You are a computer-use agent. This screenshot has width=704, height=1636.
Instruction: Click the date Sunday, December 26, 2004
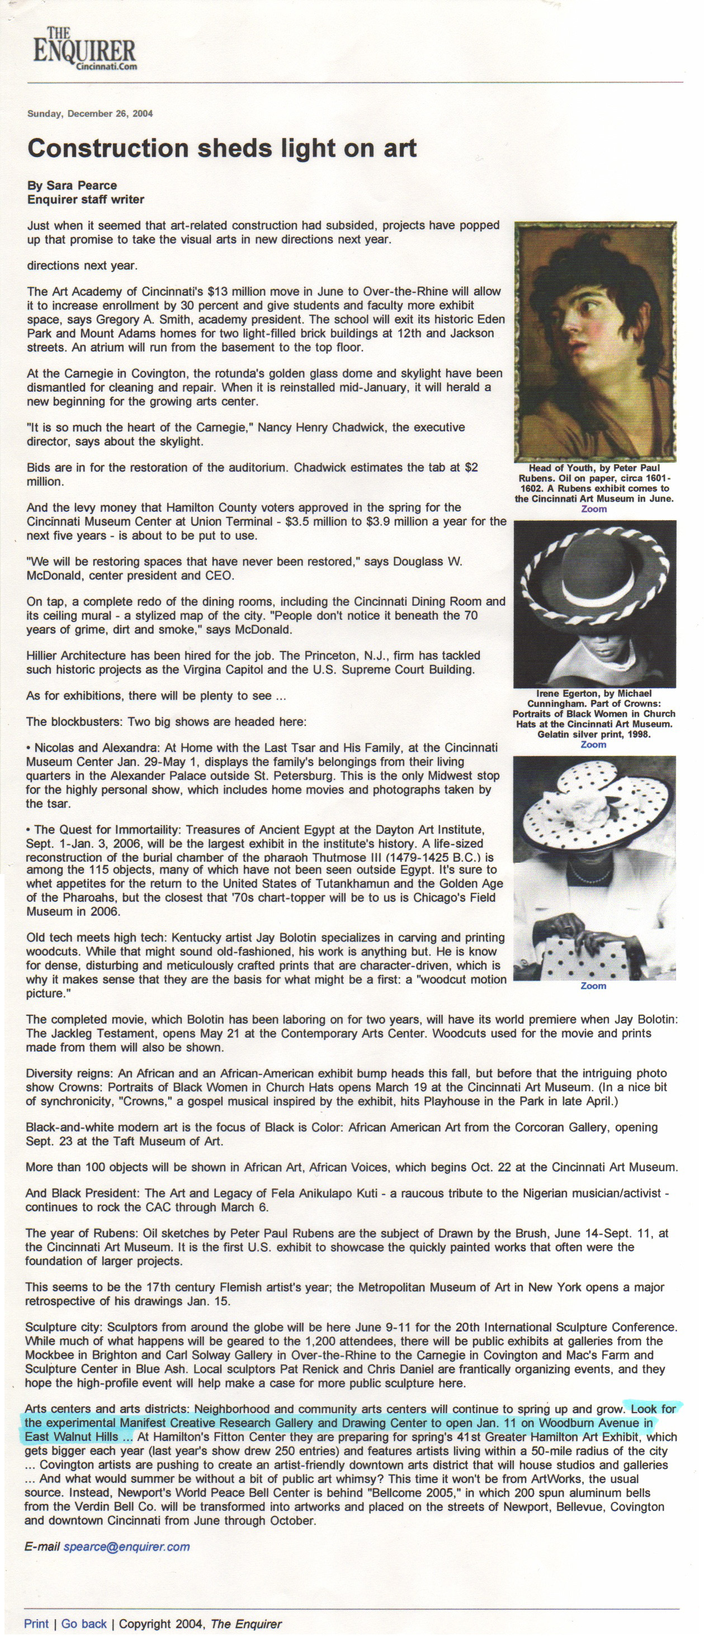tap(89, 113)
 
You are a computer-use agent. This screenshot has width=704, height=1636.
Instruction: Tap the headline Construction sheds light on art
tap(222, 149)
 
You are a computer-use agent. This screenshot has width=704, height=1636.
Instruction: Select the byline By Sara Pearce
tap(72, 186)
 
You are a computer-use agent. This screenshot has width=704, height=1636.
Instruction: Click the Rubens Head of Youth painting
tap(595, 341)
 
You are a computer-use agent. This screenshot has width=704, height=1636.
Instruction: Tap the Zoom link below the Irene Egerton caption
tap(593, 744)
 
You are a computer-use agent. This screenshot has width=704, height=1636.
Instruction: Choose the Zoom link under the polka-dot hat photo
tap(593, 986)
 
